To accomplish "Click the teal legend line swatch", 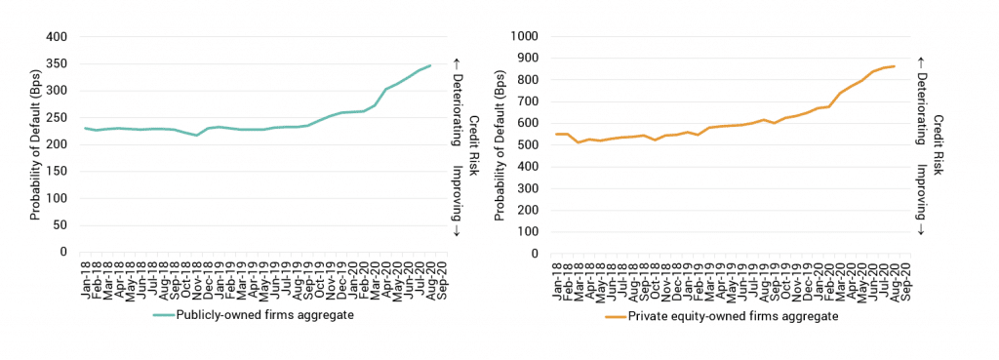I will click(x=162, y=315).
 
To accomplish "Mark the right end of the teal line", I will click(x=431, y=65).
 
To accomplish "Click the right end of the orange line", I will click(x=895, y=66).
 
